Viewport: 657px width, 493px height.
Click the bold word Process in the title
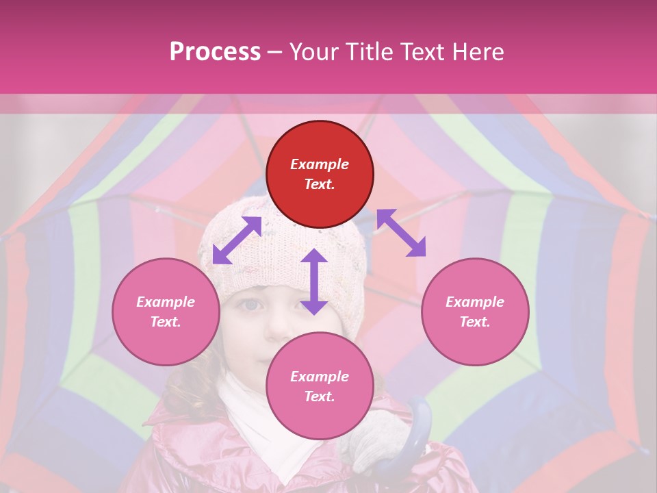tap(215, 52)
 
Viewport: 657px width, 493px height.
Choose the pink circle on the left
tap(166, 312)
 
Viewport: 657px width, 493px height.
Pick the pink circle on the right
tap(475, 312)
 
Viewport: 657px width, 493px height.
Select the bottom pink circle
tap(320, 386)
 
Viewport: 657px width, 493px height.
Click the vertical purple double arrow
tap(313, 281)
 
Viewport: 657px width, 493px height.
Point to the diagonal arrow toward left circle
tap(237, 240)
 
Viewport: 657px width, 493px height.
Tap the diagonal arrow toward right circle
tap(401, 233)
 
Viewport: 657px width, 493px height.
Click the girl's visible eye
tap(250, 304)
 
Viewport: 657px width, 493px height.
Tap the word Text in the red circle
tap(320, 184)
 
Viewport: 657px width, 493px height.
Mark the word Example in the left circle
tap(166, 302)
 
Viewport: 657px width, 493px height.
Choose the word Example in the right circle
tap(475, 302)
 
